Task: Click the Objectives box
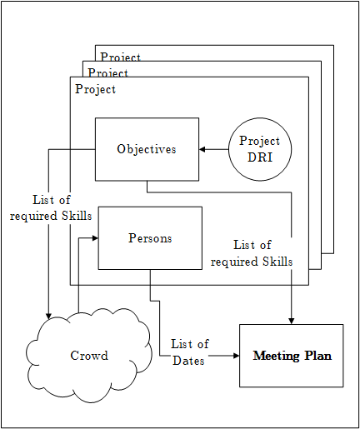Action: pos(147,149)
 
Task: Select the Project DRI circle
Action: pos(259,149)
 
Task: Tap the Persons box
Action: pos(150,238)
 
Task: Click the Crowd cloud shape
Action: pos(88,356)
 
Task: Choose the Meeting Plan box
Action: pos(292,356)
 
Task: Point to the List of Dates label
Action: pos(189,352)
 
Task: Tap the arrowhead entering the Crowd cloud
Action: pos(49,315)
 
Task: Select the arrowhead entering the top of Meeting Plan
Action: pos(292,319)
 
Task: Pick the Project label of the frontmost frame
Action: pos(96,89)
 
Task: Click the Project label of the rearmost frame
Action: pos(121,57)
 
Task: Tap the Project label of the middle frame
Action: pos(108,72)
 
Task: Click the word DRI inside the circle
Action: pos(259,157)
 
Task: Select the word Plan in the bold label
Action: pos(317,356)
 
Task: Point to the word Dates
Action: pos(189,360)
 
